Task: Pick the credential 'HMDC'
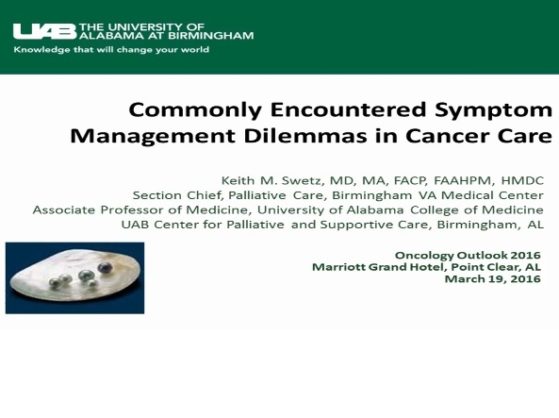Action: (x=523, y=179)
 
